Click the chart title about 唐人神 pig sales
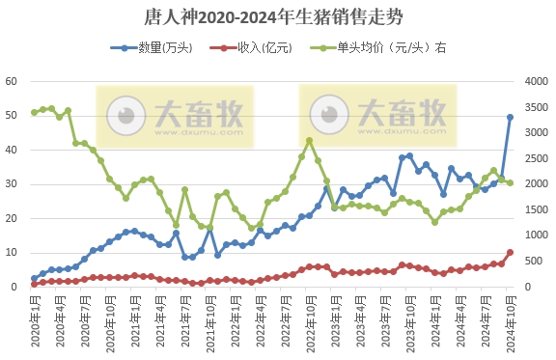click(278, 18)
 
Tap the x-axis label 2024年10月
click(511, 319)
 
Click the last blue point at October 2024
click(511, 117)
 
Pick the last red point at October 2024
click(511, 253)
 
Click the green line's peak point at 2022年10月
click(309, 140)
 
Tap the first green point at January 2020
click(34, 112)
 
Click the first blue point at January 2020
click(34, 278)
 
